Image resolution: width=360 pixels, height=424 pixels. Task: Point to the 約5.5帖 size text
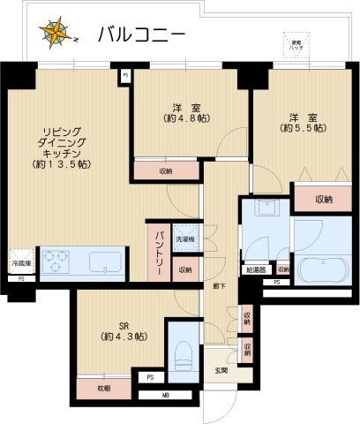pyautogui.click(x=305, y=127)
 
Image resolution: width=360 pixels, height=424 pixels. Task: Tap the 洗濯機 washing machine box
pyautogui.click(x=185, y=239)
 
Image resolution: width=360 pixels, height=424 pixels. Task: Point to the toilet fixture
pyautogui.click(x=182, y=352)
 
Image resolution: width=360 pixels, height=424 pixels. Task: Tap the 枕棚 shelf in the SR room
pyautogui.click(x=104, y=388)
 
